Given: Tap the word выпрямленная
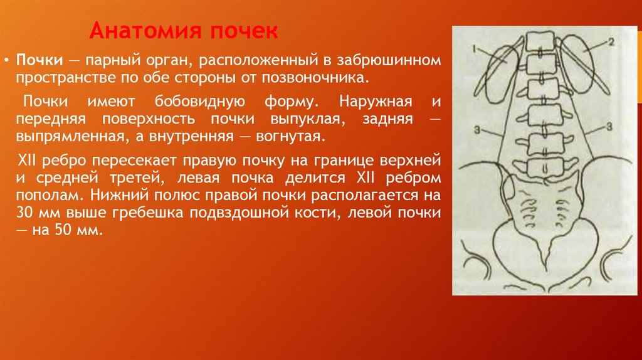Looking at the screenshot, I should click(65, 136).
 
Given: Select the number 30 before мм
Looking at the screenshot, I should click(25, 213).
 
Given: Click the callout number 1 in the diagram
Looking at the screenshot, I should click(476, 48).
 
